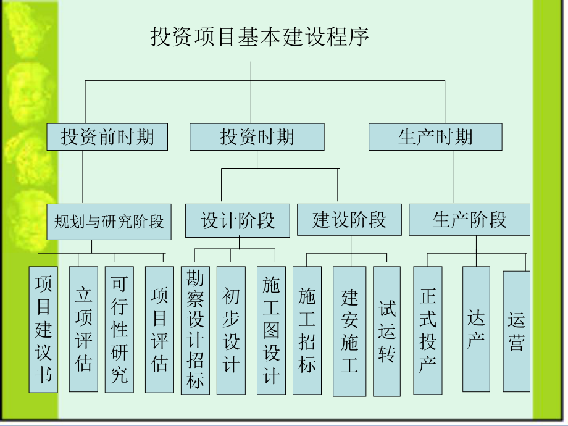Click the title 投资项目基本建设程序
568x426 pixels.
pyautogui.click(x=260, y=37)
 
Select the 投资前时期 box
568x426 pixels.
pyautogui.click(x=107, y=136)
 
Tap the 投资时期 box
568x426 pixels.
pyautogui.click(x=257, y=136)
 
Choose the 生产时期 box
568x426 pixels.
pyautogui.click(x=435, y=136)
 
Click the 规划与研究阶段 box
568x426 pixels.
pyautogui.click(x=109, y=221)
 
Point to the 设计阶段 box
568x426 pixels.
pyautogui.click(x=238, y=220)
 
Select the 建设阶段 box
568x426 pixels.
pyautogui.click(x=349, y=220)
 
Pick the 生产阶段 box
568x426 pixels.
pyautogui.click(x=469, y=220)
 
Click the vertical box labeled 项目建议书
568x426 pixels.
pyautogui.click(x=43, y=329)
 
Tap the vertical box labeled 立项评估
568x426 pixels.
pyautogui.click(x=83, y=329)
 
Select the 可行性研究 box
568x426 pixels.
pyautogui.click(x=119, y=329)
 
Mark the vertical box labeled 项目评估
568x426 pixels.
pyautogui.click(x=159, y=329)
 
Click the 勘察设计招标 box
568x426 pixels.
pyautogui.click(x=195, y=330)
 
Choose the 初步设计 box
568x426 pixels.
pyautogui.click(x=231, y=330)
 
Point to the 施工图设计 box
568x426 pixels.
pyautogui.click(x=271, y=330)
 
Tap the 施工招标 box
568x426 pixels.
pyautogui.click(x=307, y=330)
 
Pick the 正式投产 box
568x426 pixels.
pyautogui.click(x=427, y=330)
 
